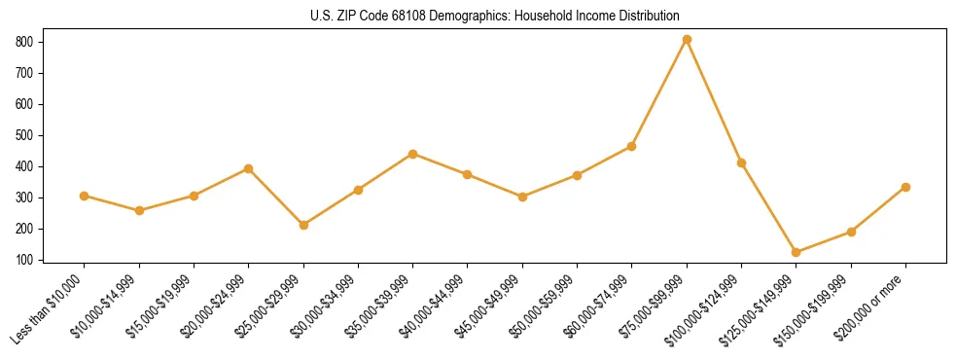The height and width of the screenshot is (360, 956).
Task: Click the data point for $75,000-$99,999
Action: click(687, 39)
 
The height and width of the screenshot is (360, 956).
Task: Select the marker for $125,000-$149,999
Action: click(797, 252)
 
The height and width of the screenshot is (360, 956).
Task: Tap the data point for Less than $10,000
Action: click(85, 196)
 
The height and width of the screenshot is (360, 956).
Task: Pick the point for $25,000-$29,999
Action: click(303, 225)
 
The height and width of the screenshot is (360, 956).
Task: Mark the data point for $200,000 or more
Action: click(905, 187)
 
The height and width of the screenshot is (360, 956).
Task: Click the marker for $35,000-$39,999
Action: click(413, 154)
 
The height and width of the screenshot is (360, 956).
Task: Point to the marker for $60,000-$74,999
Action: click(632, 146)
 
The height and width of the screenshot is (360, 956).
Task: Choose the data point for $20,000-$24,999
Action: click(249, 168)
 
